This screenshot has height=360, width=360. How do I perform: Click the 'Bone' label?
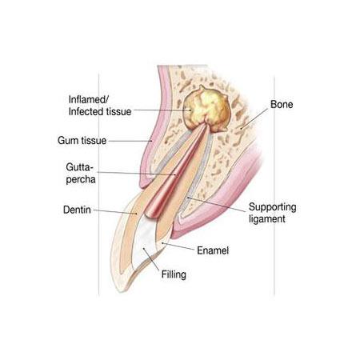282,104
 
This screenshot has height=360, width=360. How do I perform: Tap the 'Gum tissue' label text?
82,141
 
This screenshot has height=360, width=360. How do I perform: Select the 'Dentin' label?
77,210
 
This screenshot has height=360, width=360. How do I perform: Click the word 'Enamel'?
213,250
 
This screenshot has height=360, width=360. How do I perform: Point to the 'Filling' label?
174,274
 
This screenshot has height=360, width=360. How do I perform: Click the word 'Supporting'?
272,207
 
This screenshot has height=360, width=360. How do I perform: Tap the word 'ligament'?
267,219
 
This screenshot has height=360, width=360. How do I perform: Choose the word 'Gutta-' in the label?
80,167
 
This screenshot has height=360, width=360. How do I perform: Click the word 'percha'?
81,179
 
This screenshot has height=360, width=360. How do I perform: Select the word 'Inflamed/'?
89,99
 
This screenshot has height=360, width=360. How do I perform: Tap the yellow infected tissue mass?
206,109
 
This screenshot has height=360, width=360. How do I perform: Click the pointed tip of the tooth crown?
119,290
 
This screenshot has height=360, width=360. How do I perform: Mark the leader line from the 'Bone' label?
254,118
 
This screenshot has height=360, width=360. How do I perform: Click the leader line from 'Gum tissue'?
130,141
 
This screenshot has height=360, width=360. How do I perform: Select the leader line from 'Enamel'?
178,246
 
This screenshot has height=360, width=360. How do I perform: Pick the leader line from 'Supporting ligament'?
216,205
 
